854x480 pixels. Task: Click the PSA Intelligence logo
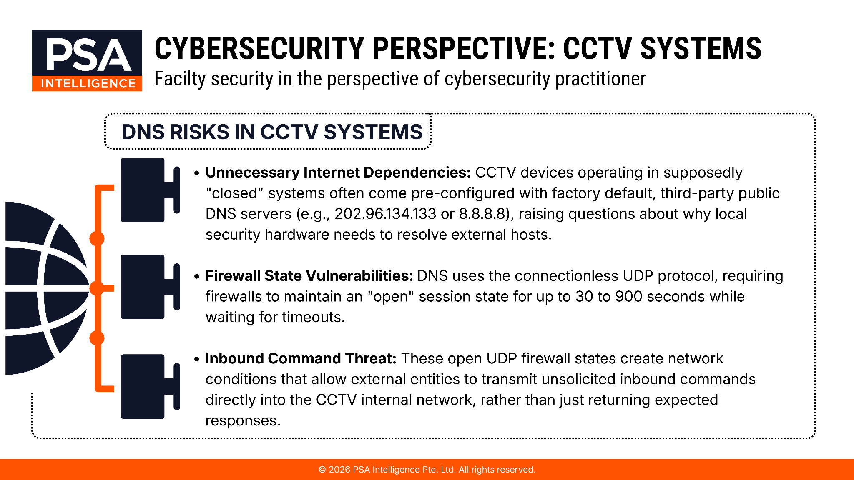87,60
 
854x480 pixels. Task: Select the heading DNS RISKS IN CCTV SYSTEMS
272,132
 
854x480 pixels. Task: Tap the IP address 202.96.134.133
385,214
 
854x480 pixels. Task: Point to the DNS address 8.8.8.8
482,214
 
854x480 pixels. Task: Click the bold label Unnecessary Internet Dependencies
338,172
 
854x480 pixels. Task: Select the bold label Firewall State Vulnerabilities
309,276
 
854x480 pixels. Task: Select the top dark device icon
151,190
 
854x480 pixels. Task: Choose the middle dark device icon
151,287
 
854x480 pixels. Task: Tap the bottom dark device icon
151,386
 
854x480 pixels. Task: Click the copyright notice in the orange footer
427,470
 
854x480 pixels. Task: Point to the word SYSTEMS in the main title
701,48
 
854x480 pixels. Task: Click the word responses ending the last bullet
243,420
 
